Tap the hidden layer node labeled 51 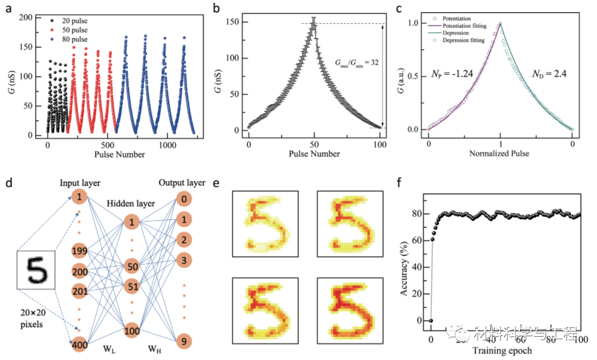(x=132, y=287)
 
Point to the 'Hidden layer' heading (x=132, y=203)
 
